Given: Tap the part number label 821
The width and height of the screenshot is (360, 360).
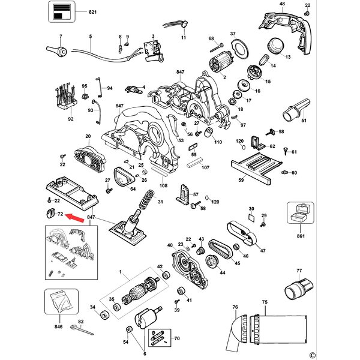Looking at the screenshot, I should tap(92, 13).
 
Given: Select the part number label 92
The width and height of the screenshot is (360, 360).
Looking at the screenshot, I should tap(70, 119).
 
